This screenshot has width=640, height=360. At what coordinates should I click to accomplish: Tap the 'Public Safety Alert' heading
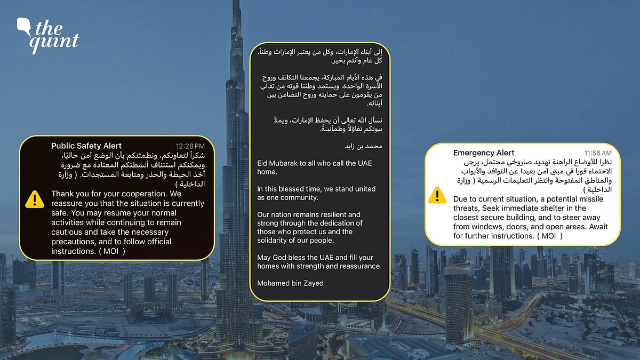coord(86,146)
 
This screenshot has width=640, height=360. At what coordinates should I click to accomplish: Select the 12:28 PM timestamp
coord(190,146)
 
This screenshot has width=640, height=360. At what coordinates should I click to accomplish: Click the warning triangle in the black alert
coord(35,199)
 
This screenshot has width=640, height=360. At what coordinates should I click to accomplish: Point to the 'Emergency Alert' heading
coord(484,153)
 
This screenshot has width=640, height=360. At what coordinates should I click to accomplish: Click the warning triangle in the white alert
coord(437,195)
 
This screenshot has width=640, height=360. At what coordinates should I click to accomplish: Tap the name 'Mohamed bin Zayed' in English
coord(290,283)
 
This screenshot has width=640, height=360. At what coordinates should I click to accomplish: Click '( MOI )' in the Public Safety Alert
coord(112,251)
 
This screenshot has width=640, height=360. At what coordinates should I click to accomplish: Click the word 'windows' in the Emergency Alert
coord(491,227)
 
